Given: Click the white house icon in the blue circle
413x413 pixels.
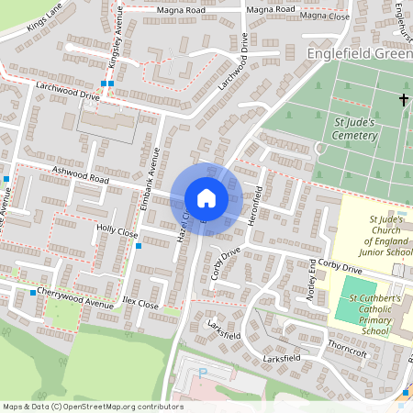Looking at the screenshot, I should point(206,198).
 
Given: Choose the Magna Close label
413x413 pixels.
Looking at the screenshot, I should point(326,16).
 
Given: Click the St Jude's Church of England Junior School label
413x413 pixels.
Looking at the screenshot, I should point(385,237).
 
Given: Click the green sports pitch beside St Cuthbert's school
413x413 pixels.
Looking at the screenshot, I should point(352,299).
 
